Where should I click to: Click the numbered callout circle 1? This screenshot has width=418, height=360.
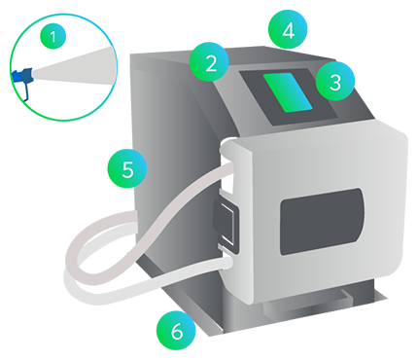click(x=52, y=36)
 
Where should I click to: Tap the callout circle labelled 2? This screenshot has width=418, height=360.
click(x=209, y=61)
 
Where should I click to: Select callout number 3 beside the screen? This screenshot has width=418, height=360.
click(x=335, y=81)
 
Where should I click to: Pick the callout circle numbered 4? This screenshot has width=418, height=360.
click(x=288, y=30)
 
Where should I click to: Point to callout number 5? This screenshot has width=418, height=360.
click(x=127, y=168)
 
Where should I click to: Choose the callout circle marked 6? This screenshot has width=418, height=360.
click(x=176, y=331)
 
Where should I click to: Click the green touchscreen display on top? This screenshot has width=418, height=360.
click(x=288, y=92)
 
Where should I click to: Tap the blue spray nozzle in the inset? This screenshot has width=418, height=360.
click(x=23, y=75)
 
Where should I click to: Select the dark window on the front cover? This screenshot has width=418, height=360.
click(x=322, y=221)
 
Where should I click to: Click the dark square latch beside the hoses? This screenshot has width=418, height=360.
click(x=226, y=226)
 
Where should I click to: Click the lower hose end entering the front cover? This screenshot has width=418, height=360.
click(x=226, y=263)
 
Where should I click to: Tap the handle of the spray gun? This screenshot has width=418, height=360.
click(x=26, y=91)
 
